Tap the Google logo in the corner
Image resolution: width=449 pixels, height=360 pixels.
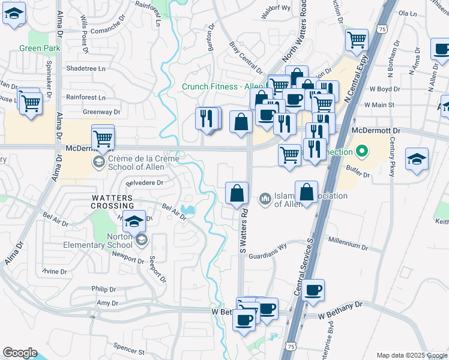coord(20,353)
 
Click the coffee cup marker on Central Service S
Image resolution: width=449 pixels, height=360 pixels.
coord(313,290)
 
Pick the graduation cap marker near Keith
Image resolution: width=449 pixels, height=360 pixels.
coord(417,159)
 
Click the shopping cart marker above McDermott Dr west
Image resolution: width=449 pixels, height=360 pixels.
coord(103,137)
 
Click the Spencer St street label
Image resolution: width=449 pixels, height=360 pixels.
coord(129,349)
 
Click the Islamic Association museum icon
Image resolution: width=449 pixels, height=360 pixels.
coord(265,198)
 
